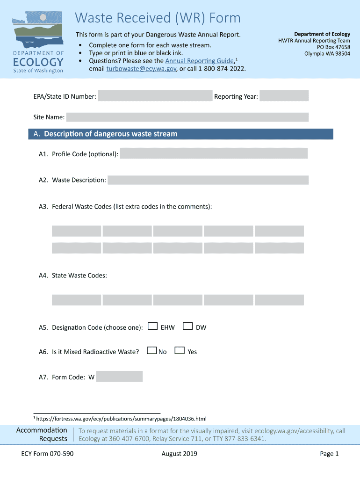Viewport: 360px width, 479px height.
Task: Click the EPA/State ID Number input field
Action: [155, 96]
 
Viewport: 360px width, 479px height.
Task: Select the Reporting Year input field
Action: [284, 96]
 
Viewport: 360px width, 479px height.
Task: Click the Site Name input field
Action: [187, 117]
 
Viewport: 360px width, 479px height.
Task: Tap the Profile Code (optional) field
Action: [214, 153]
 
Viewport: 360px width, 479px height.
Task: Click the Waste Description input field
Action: [208, 180]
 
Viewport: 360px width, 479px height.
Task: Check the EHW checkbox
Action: [152, 327]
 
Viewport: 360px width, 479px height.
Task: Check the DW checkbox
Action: [187, 327]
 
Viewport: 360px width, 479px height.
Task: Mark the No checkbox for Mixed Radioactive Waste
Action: [151, 350]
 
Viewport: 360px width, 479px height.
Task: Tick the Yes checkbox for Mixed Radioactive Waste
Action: [179, 350]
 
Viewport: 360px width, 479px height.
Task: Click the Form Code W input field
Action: [119, 377]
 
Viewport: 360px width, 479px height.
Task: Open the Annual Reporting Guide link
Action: [200, 61]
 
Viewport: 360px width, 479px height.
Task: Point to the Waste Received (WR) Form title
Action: [158, 18]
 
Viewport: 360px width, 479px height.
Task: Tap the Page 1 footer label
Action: [329, 454]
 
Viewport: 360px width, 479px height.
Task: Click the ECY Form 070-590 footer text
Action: [47, 454]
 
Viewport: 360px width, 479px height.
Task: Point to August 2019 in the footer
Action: [179, 454]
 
